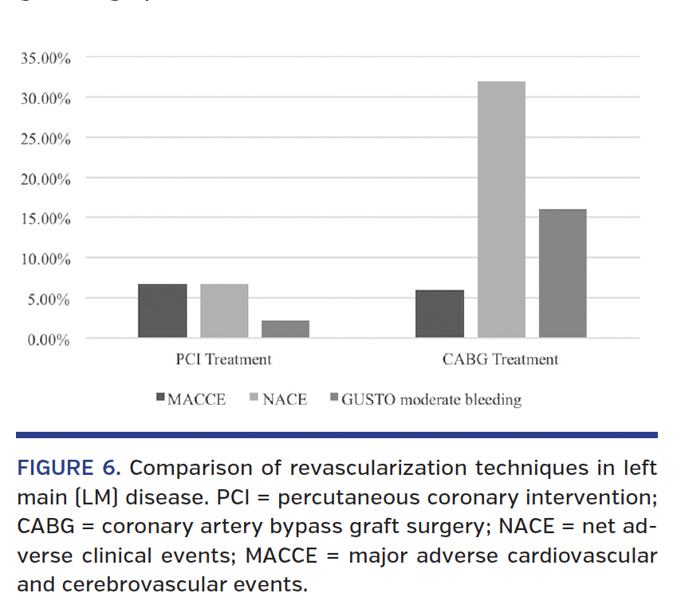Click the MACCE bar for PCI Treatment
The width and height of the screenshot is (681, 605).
pos(163,310)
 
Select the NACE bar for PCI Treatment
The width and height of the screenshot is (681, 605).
pos(224,310)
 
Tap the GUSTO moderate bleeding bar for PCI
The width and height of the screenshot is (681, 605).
pos(285,329)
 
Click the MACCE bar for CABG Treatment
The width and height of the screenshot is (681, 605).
pos(439,314)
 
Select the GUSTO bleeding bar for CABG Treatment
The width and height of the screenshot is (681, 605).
pos(562,273)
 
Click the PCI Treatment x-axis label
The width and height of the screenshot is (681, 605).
pos(223,359)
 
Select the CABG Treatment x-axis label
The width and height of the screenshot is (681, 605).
pos(501,359)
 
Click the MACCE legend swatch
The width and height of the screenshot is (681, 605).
pos(160,397)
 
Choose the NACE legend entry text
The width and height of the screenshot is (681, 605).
pos(285,399)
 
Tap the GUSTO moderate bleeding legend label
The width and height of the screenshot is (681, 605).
pos(431,399)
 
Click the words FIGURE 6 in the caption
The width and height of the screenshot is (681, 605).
pos(69,468)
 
